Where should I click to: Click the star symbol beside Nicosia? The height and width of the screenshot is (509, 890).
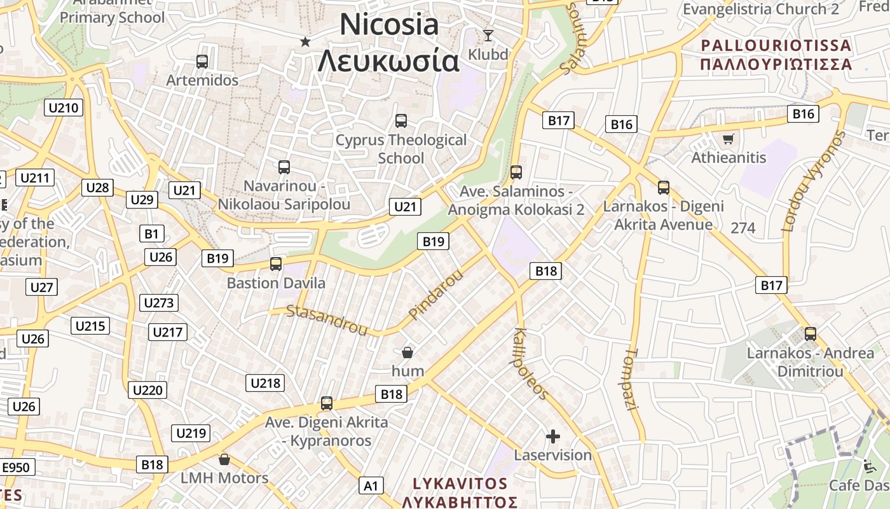(x=305, y=42)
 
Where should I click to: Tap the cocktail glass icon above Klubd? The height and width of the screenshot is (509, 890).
(x=488, y=35)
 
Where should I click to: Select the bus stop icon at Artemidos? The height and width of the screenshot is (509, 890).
(x=202, y=62)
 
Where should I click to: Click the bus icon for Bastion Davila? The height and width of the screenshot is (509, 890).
(x=276, y=263)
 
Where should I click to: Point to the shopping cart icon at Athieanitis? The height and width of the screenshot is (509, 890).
(x=728, y=138)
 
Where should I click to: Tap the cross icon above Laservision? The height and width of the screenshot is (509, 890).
(x=553, y=436)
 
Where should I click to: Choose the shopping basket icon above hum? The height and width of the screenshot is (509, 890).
(x=407, y=352)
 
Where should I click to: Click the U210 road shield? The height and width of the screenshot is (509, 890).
(x=64, y=108)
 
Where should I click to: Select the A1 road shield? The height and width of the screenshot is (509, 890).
(x=371, y=486)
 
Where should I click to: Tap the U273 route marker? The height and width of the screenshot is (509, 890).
(x=159, y=303)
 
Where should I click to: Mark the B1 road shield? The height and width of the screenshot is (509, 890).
(x=151, y=234)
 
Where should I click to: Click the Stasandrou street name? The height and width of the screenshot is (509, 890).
(x=327, y=319)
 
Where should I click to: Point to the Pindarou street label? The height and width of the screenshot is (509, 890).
(x=436, y=295)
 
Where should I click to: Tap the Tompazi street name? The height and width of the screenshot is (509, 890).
(x=631, y=379)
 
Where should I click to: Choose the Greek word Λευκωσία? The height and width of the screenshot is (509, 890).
(x=388, y=61)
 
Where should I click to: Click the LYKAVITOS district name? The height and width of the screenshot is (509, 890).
(x=460, y=484)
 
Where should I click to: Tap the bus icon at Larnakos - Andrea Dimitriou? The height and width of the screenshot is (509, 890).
(x=811, y=333)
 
